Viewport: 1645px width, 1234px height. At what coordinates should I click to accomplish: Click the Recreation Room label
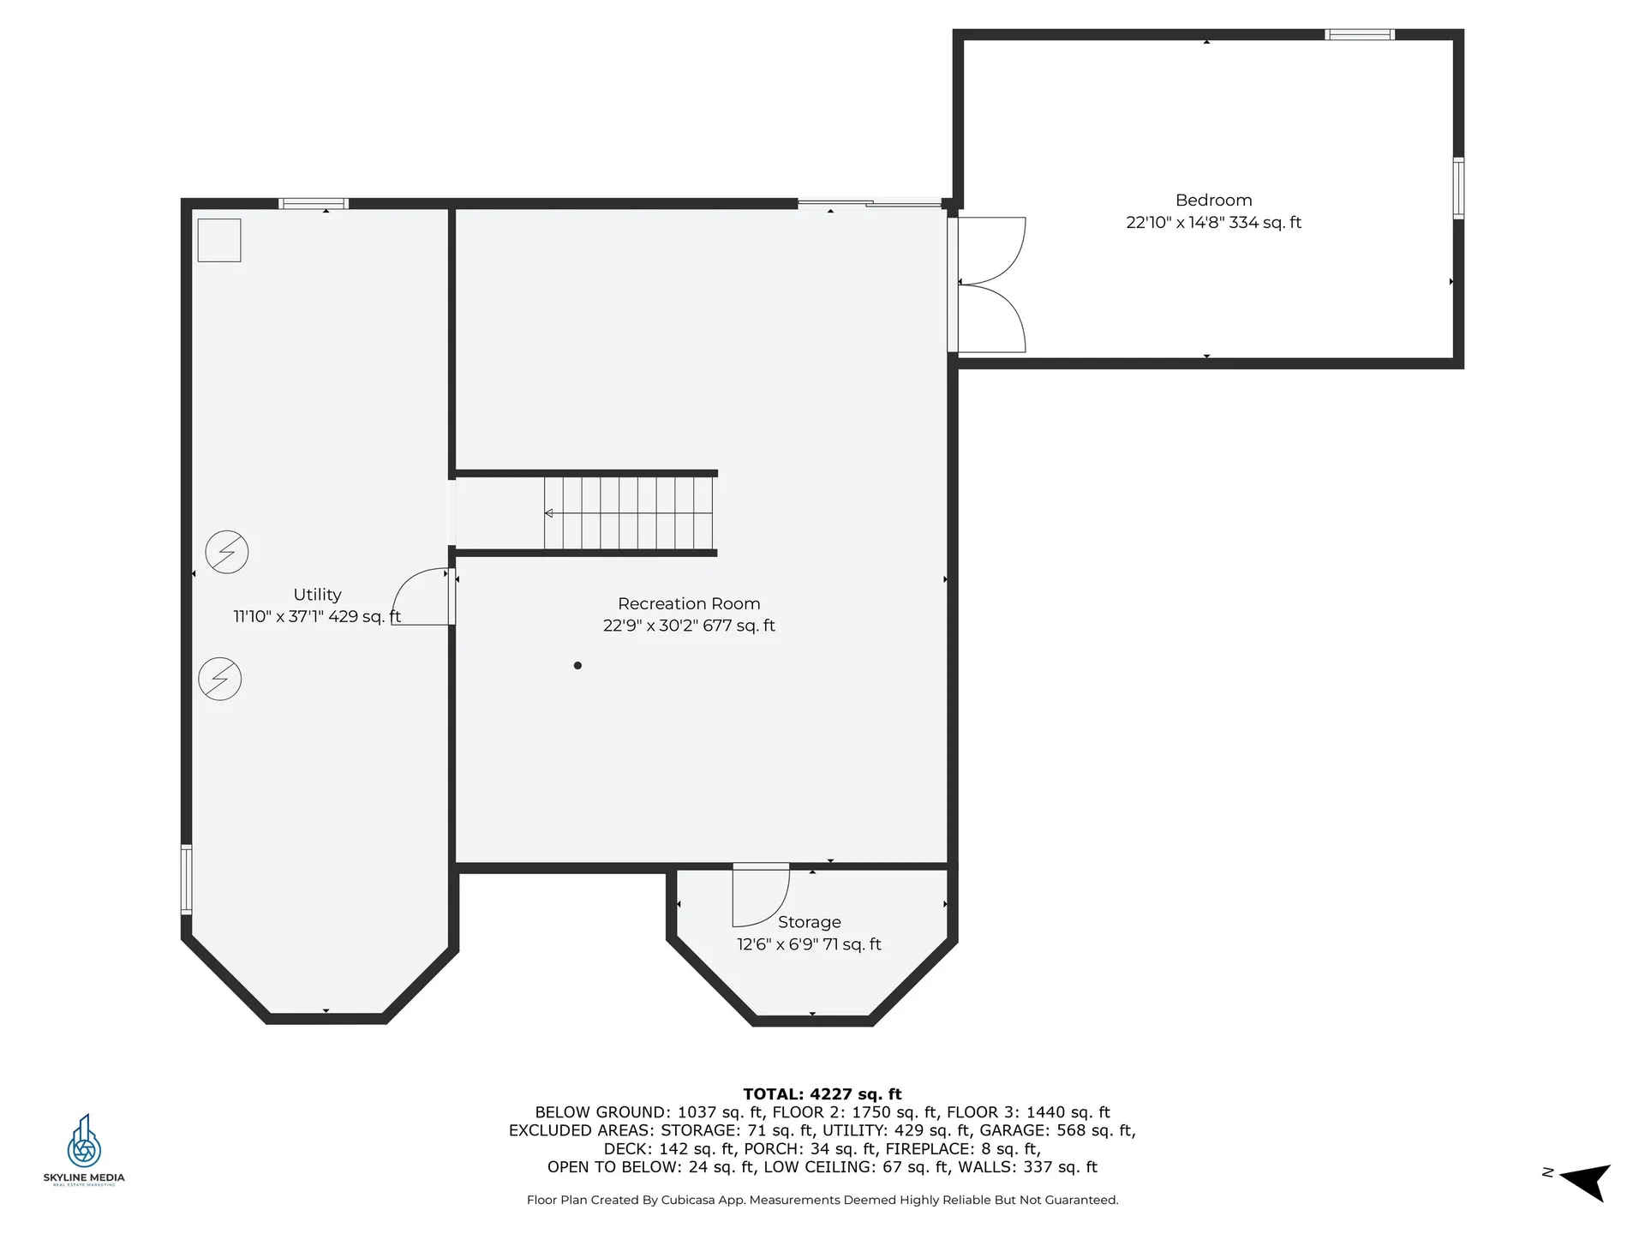tap(689, 603)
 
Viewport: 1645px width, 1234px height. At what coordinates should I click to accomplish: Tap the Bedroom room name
tap(1213, 200)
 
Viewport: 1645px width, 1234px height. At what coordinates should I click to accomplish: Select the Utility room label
tap(317, 594)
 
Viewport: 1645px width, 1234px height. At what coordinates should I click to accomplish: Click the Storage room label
tap(809, 922)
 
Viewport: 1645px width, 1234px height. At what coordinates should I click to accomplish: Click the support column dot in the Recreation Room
tap(577, 665)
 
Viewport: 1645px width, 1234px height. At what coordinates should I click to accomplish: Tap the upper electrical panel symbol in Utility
tap(227, 552)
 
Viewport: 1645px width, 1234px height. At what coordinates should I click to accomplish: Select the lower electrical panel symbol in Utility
tap(220, 679)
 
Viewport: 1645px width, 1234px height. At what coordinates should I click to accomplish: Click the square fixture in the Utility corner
tap(219, 240)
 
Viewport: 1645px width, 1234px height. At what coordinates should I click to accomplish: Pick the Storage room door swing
tap(759, 896)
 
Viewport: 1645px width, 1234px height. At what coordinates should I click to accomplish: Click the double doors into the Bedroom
tap(990, 285)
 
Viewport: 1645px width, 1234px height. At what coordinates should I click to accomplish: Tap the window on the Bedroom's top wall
tap(1360, 35)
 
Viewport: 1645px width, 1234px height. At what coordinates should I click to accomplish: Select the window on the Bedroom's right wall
tap(1458, 188)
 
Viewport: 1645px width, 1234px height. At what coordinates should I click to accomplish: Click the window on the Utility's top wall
tap(314, 204)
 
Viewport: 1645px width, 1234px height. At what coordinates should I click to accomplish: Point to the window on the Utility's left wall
tap(186, 878)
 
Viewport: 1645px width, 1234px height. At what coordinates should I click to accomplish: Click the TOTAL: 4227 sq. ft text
tap(822, 1093)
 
